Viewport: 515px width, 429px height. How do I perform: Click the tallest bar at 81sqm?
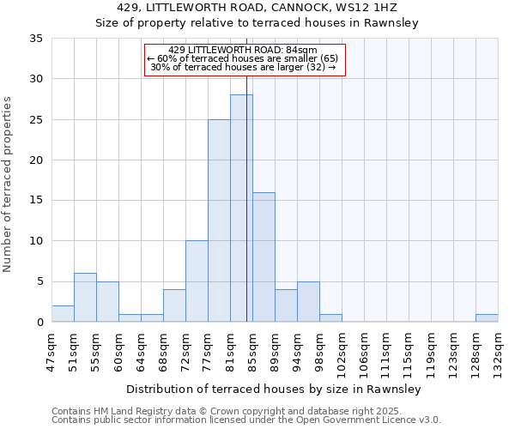tap(241, 208)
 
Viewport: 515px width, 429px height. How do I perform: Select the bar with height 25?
tap(219, 221)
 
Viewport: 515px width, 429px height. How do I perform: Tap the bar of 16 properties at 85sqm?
tap(264, 257)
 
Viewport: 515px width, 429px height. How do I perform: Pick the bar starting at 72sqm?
tap(197, 281)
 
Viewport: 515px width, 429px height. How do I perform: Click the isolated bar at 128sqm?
tap(487, 317)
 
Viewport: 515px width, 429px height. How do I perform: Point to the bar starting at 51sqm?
tap(85, 298)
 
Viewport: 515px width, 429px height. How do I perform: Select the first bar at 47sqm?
tap(63, 314)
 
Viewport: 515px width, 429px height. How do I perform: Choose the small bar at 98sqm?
tap(330, 317)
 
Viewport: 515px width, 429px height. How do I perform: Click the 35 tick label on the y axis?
tap(36, 39)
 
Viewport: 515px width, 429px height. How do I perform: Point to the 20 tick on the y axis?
tap(36, 160)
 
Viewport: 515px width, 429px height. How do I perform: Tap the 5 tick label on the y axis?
tap(39, 282)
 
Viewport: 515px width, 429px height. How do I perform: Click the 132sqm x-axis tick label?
tap(499, 352)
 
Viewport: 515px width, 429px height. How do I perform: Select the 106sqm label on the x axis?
tap(365, 352)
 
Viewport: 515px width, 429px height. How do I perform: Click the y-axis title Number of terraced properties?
tap(9, 184)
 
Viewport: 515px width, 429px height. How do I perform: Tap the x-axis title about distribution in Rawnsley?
tap(273, 390)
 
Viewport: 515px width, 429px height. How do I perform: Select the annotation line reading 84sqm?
tap(243, 50)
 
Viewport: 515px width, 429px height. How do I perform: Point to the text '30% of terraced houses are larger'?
tap(243, 67)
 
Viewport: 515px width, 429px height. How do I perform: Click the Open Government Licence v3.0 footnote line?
tap(246, 420)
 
